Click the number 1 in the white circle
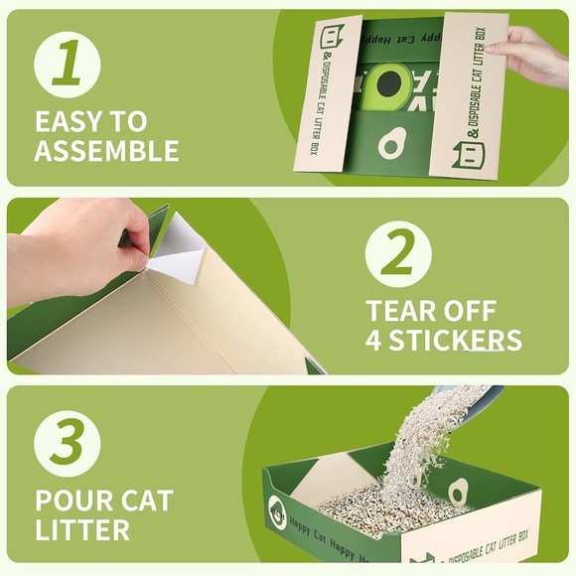[x=67, y=65]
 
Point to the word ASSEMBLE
[x=106, y=151]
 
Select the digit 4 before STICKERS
[x=375, y=341]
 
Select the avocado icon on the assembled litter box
[x=458, y=492]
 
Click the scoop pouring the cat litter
[x=467, y=397]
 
